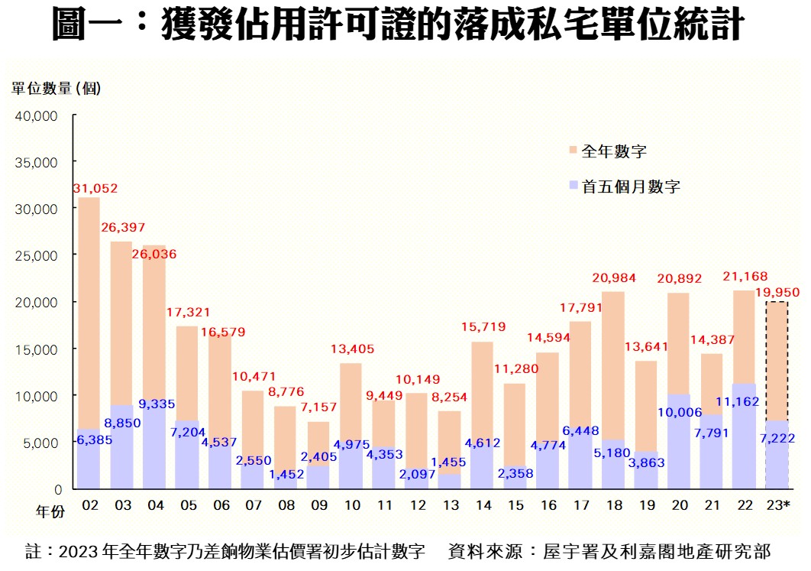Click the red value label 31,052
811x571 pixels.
click(95, 188)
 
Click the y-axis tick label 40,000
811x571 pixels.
click(36, 115)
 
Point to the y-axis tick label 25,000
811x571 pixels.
click(36, 255)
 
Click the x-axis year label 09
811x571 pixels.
click(319, 506)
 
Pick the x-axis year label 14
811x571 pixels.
click(483, 506)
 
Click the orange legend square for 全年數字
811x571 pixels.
click(574, 151)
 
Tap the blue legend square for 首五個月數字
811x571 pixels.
click(574, 186)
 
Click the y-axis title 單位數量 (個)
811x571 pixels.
click(56, 89)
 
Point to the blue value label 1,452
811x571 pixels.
click(286, 474)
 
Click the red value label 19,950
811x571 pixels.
click(777, 291)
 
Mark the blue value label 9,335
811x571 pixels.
click(155, 404)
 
